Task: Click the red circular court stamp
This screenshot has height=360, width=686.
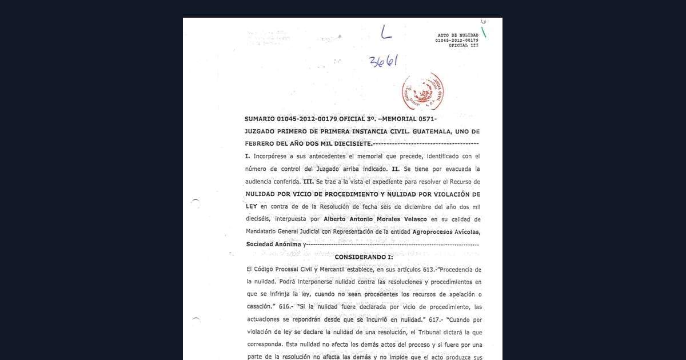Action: [x=422, y=91]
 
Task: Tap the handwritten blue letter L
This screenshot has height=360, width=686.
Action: [x=386, y=33]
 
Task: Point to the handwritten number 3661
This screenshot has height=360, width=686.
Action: [x=383, y=61]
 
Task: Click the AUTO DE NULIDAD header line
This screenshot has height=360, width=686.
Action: [x=457, y=35]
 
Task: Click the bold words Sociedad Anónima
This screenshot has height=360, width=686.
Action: [x=273, y=245]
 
